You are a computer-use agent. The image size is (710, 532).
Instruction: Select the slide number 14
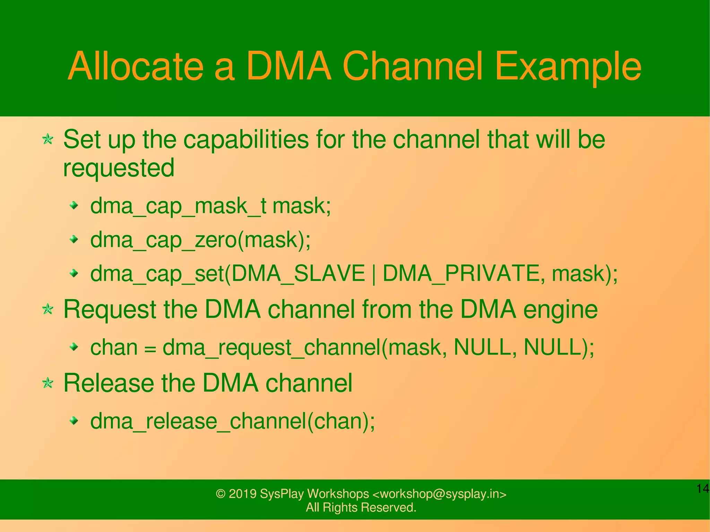tap(702, 489)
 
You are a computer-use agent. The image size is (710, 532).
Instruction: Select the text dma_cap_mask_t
tap(178, 206)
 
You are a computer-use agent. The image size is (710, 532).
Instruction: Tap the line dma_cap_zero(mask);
tap(200, 240)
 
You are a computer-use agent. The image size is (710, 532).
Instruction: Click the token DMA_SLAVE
tap(298, 273)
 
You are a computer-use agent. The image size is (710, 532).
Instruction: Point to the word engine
tap(560, 309)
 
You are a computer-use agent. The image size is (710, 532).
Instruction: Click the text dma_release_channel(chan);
tap(232, 421)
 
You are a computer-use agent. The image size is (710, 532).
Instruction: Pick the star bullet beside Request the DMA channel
tap(47, 309)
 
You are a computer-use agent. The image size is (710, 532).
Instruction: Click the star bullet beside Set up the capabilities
tap(47, 140)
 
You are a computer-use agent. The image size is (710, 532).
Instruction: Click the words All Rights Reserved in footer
tap(361, 507)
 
